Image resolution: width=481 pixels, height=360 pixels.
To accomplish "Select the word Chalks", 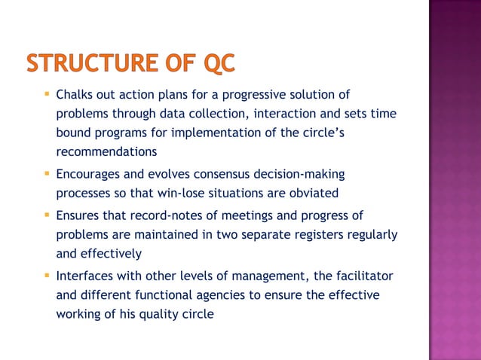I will (x=75, y=95).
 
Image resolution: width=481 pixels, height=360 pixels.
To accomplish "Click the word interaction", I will (x=289, y=114).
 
